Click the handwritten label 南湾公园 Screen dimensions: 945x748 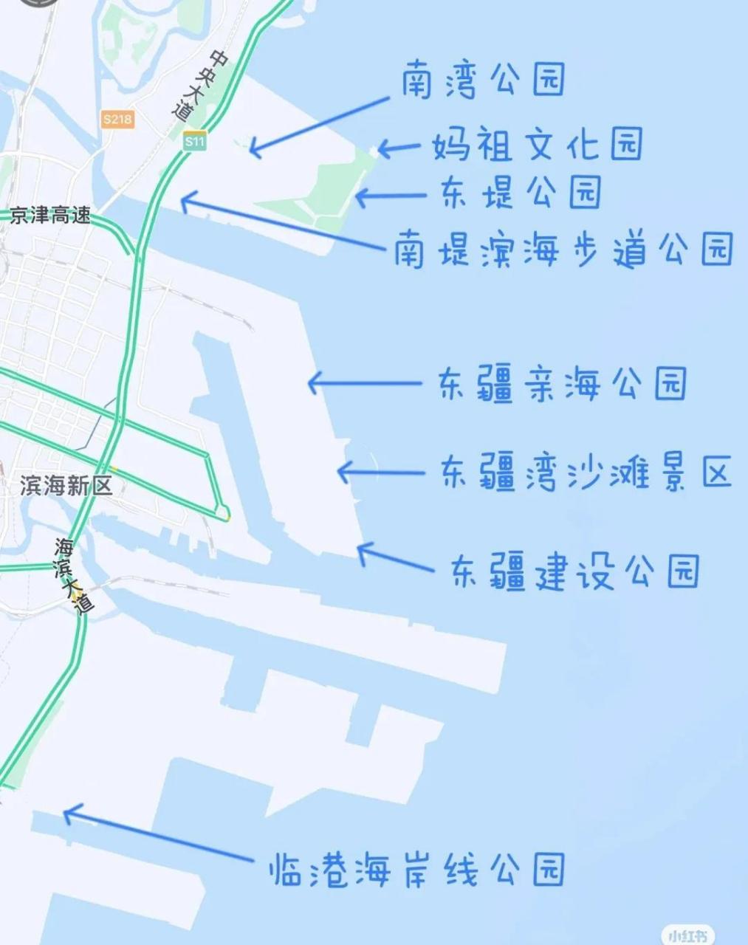pyautogui.click(x=484, y=80)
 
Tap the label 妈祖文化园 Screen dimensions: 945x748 pyautogui.click(x=537, y=145)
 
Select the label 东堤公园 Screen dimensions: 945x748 pyautogui.click(x=521, y=192)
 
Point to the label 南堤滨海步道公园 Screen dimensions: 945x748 pyautogui.click(x=563, y=249)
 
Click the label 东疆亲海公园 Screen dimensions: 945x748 pyautogui.click(x=563, y=384)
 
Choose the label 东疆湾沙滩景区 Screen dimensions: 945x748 pyautogui.click(x=586, y=472)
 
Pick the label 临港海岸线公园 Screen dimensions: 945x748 pyautogui.click(x=417, y=870)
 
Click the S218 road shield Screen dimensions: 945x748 pyautogui.click(x=118, y=119)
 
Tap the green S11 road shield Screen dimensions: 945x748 pyautogui.click(x=195, y=142)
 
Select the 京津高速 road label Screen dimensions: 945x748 pyautogui.click(x=50, y=216)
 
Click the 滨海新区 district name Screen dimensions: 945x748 pyautogui.click(x=66, y=485)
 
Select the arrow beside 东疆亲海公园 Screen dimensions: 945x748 pyautogui.click(x=365, y=383)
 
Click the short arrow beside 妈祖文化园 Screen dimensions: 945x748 pyautogui.click(x=399, y=148)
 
